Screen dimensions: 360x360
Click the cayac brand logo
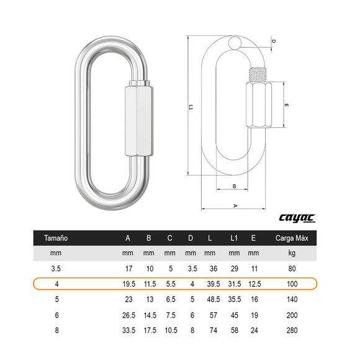(x=297, y=218)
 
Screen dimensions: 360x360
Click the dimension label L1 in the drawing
(x=191, y=107)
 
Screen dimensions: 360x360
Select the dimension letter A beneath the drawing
(x=235, y=205)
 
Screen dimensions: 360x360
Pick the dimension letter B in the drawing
(x=234, y=186)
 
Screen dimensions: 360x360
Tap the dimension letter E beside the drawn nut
(x=286, y=106)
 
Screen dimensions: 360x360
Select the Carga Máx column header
(x=291, y=238)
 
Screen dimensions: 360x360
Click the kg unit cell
(x=292, y=253)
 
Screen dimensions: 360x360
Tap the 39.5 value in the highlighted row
(x=213, y=284)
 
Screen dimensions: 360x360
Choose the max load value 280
(x=292, y=330)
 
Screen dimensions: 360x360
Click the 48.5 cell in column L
(x=213, y=299)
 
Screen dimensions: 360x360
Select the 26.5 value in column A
(x=128, y=315)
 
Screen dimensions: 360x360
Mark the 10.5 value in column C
(x=169, y=330)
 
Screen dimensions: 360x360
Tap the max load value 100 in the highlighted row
(x=292, y=284)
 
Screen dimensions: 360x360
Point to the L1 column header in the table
(x=234, y=238)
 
